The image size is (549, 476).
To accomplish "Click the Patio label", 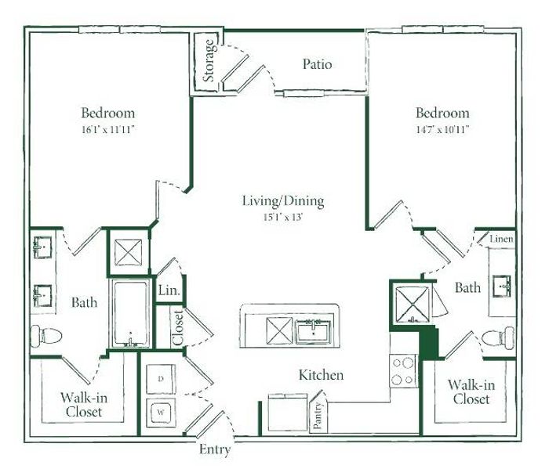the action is pyautogui.click(x=317, y=64).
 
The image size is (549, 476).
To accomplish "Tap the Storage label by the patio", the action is pyautogui.click(x=209, y=60).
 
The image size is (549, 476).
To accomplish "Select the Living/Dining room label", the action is pyautogui.click(x=283, y=201).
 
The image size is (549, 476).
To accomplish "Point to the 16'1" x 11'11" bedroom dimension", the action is pyautogui.click(x=108, y=130).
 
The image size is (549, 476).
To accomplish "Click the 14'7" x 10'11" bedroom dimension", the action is pyautogui.click(x=442, y=130).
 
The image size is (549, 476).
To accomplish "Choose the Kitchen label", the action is pyautogui.click(x=321, y=375).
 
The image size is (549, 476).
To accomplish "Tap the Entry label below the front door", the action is pyautogui.click(x=215, y=450).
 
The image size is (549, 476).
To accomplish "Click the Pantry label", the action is pyautogui.click(x=318, y=416).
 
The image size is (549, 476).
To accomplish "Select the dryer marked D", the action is pyautogui.click(x=161, y=379).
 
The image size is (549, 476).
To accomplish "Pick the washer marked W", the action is pyautogui.click(x=161, y=413).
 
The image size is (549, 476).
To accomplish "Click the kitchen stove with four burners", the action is pyautogui.click(x=403, y=371).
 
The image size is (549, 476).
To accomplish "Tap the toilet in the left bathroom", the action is pyautogui.click(x=45, y=336).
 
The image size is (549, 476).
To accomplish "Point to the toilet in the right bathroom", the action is pyautogui.click(x=498, y=337).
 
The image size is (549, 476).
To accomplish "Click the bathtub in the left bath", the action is pyautogui.click(x=130, y=314).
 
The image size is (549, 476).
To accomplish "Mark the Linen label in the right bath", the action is pyautogui.click(x=501, y=239).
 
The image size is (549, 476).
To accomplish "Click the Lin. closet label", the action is pyautogui.click(x=169, y=290).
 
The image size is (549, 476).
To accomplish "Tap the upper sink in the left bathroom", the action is pyautogui.click(x=42, y=247).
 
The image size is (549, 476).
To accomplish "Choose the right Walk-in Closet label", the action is pyautogui.click(x=471, y=391).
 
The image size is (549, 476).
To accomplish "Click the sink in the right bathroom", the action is pyautogui.click(x=502, y=287).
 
